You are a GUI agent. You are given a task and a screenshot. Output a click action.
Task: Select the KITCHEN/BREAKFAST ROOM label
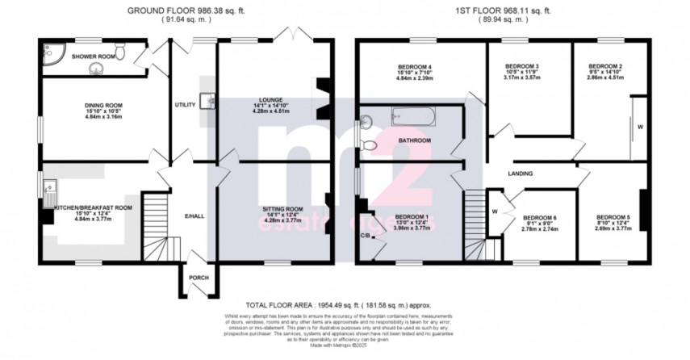[x=93, y=207]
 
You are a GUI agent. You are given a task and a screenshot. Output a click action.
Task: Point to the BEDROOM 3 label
[x=521, y=66]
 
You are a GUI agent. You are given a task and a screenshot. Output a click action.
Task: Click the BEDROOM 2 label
[x=604, y=66]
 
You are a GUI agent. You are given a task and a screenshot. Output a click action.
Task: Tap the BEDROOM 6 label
[x=539, y=218]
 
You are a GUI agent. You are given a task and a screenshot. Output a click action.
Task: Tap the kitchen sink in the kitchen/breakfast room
[x=48, y=191]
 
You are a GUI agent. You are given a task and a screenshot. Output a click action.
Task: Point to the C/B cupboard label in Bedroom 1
[x=365, y=235]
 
